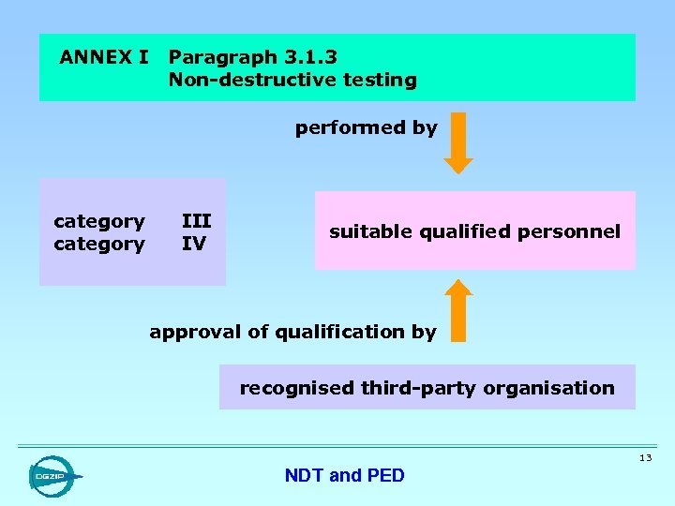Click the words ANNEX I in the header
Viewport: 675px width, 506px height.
(103, 57)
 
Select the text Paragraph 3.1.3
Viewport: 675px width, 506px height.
(252, 57)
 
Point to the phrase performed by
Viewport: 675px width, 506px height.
(366, 127)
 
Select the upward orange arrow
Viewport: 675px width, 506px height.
(458, 308)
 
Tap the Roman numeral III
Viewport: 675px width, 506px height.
(196, 221)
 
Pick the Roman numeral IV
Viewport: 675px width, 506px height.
(193, 244)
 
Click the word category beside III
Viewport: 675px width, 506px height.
(99, 221)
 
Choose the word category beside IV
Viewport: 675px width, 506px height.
(99, 244)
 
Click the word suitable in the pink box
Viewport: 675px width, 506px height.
(365, 231)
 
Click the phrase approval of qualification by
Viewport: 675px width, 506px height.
(292, 332)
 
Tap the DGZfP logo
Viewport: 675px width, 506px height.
(52, 476)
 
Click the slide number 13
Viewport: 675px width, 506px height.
(645, 458)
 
